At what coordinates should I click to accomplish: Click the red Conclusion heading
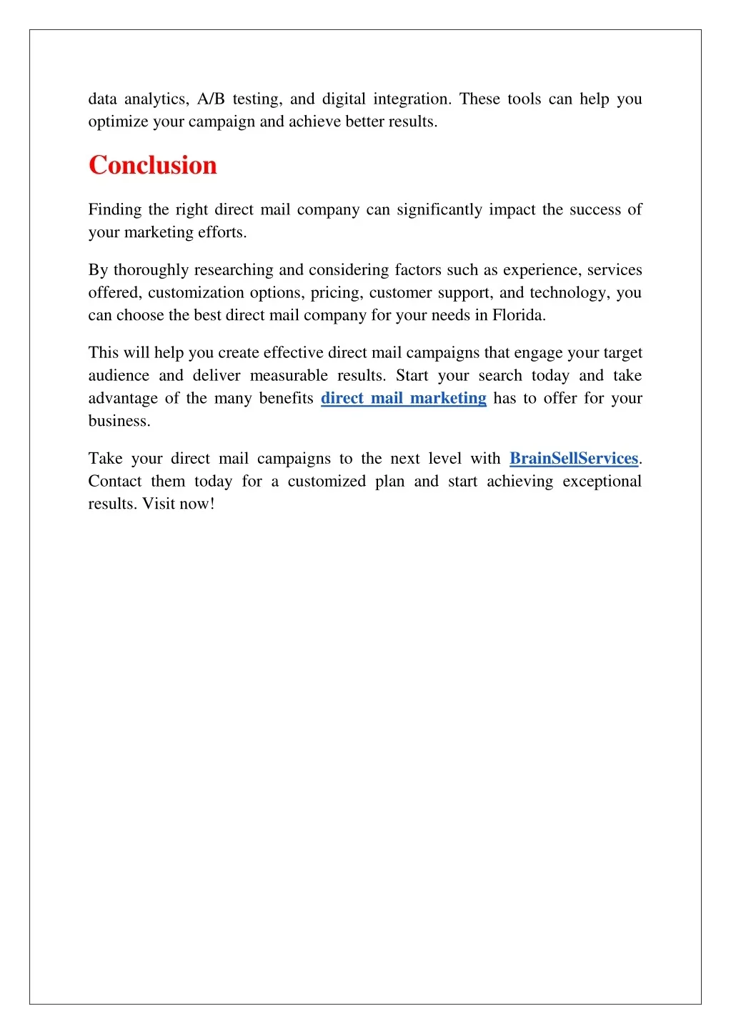point(152,165)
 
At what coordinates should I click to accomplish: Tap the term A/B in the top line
point(211,99)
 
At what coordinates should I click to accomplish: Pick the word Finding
point(114,210)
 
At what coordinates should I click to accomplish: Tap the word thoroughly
point(150,270)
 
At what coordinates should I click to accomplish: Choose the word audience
point(119,376)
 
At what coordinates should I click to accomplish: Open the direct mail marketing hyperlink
point(403,399)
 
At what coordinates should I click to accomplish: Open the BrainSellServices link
point(573,459)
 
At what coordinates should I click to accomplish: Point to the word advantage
point(123,399)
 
